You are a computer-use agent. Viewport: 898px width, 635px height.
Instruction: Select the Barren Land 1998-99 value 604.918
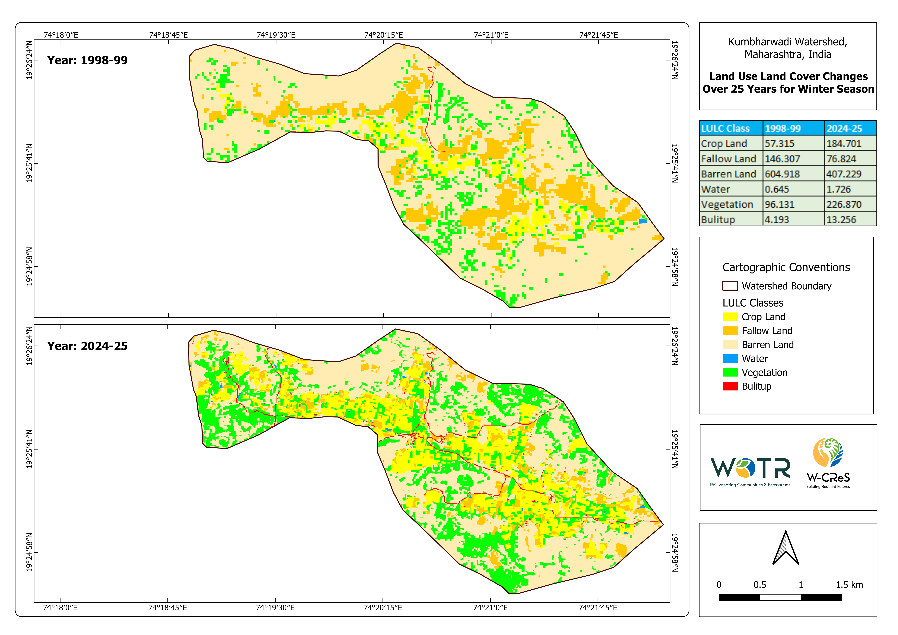point(782,174)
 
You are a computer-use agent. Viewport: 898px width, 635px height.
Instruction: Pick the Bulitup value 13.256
point(841,220)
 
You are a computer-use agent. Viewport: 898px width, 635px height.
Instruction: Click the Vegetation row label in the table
point(727,205)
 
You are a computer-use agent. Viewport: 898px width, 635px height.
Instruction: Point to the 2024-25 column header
point(844,128)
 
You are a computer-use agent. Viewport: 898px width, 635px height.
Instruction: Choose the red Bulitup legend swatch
point(730,387)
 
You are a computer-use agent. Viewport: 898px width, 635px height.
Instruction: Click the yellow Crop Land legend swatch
point(730,317)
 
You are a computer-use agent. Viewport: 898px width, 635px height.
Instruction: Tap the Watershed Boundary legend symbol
point(730,286)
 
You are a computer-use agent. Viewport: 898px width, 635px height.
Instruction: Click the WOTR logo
point(750,471)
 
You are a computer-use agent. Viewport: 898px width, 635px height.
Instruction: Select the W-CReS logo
point(828,464)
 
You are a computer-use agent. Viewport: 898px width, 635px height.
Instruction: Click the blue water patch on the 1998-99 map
point(643,221)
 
